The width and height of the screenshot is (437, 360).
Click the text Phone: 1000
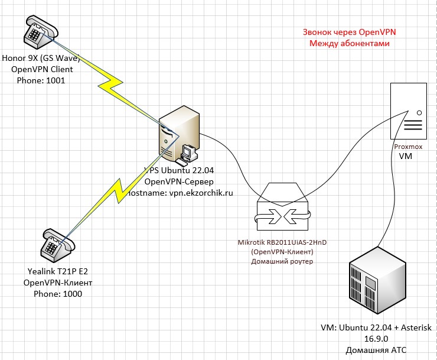pyautogui.click(x=57, y=293)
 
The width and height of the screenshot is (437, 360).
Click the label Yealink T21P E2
pyautogui.click(x=57, y=272)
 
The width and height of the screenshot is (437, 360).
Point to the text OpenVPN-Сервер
pyautogui.click(x=179, y=181)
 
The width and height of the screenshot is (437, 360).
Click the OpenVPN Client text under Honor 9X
pyautogui.click(x=42, y=69)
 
